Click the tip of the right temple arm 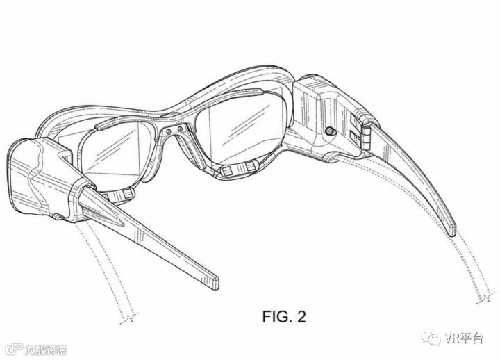[451, 227]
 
